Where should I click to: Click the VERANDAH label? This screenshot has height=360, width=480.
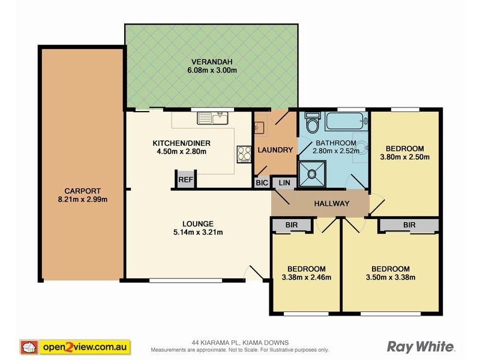tap(212, 62)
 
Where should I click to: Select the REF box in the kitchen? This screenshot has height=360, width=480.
tap(185, 179)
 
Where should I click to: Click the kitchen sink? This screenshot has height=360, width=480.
tap(214, 119)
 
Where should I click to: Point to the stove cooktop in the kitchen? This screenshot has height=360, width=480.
tap(244, 154)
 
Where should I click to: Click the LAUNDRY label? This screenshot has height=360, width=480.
tap(275, 150)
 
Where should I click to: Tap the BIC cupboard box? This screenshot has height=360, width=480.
tap(261, 182)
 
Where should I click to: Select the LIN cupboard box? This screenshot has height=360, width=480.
tap(284, 183)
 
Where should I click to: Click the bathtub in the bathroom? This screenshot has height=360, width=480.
tap(346, 122)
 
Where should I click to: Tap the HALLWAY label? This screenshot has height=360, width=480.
tap(331, 203)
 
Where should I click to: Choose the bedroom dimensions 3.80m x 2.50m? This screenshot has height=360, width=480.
tap(404, 157)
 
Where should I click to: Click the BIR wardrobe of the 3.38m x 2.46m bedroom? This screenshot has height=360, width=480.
tap(292, 225)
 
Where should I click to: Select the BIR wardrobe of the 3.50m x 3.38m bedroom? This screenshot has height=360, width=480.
tap(409, 225)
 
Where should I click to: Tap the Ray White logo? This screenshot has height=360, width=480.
tap(421, 346)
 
